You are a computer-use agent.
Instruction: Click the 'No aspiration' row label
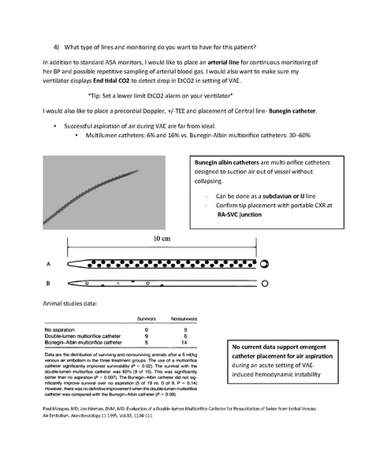65,329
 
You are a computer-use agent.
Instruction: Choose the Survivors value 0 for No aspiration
147,329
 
